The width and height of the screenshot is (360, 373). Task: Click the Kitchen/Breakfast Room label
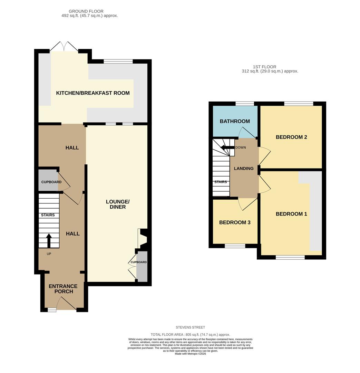(93, 93)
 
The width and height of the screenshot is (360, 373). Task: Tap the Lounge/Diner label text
(118, 204)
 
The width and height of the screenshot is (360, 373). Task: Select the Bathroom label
(235, 121)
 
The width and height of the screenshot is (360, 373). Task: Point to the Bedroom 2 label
(291, 137)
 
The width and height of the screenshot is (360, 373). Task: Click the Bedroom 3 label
(235, 222)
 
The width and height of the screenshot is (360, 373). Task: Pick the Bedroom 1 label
(291, 214)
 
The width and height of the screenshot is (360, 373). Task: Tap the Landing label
(244, 169)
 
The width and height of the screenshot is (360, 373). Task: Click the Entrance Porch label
(63, 289)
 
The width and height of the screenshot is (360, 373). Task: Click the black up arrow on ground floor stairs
(49, 241)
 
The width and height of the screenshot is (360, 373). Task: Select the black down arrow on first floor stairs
(227, 147)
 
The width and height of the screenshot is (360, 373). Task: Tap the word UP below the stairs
(49, 254)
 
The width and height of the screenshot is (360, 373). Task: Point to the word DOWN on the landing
(241, 147)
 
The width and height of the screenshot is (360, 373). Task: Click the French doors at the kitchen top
(64, 46)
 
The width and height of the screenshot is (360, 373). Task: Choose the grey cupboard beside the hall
(48, 180)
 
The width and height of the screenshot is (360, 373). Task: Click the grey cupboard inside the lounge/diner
(142, 266)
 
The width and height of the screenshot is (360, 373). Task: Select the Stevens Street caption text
(190, 327)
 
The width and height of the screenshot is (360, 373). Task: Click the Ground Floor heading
(86, 11)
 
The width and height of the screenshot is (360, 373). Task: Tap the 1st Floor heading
(264, 67)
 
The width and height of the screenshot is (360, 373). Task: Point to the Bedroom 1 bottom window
(290, 257)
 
